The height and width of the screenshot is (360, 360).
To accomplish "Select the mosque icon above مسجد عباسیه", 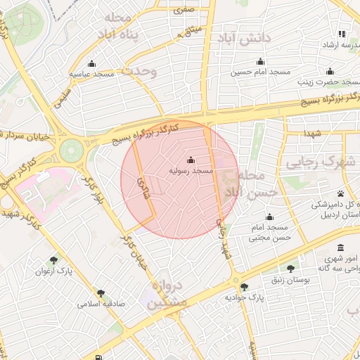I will click(x=92, y=63).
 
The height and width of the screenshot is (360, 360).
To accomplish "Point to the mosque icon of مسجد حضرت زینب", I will click(x=330, y=71).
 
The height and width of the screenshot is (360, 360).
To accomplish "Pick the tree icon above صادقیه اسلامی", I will click(x=101, y=293).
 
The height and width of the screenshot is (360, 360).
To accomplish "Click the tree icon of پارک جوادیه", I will click(x=244, y=286).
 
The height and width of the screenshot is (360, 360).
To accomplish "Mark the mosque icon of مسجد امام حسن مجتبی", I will click(x=270, y=217).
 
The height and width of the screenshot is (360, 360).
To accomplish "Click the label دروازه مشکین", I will click(x=168, y=295).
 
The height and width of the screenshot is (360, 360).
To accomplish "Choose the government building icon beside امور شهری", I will click(x=341, y=248).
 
